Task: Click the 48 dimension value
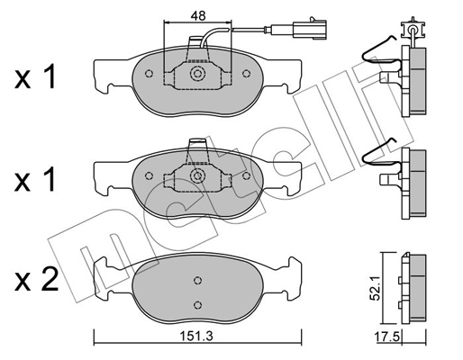[x=198, y=15]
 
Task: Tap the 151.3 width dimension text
[x=196, y=337]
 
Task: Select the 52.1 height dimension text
[x=376, y=289]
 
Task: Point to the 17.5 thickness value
[x=387, y=337]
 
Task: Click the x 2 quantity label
[x=36, y=279]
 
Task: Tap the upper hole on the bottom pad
[x=197, y=280]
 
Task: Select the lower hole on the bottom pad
[x=197, y=305]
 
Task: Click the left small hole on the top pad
[x=149, y=74]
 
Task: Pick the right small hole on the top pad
[x=246, y=74]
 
